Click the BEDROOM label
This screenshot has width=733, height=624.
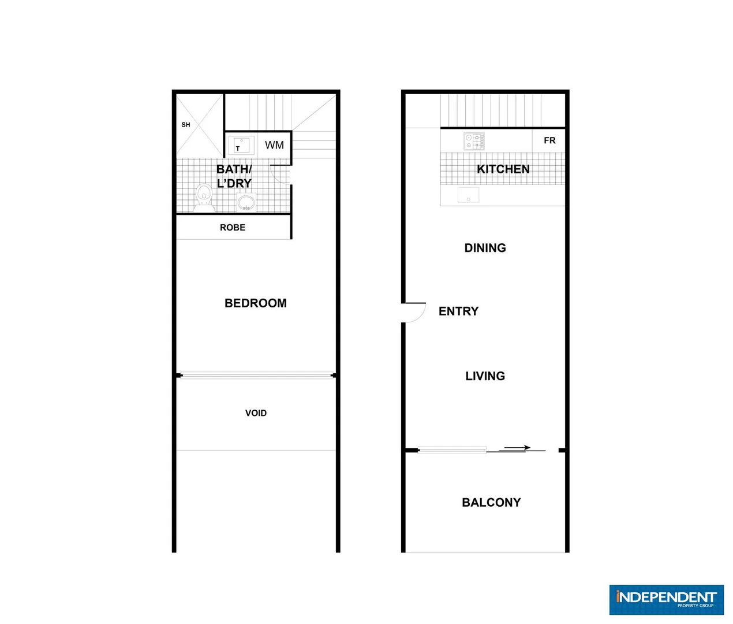tap(255, 303)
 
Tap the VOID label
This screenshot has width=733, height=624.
tap(256, 413)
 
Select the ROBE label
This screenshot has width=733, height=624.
tap(233, 228)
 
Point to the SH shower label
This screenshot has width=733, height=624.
tap(186, 125)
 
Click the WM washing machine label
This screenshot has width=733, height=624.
tap(274, 145)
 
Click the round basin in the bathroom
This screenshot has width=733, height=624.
tap(246, 202)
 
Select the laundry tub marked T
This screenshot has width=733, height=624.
tap(241, 144)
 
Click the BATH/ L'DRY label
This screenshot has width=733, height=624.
tap(234, 176)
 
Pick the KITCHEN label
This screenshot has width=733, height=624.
tap(503, 169)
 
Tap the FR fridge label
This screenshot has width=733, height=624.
tap(549, 140)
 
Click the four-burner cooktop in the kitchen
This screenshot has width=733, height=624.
tap(474, 141)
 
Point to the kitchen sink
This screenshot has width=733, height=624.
tap(468, 195)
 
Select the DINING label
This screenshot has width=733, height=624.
tap(485, 248)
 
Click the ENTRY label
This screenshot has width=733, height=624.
tap(459, 311)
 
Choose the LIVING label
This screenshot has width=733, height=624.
tap(485, 376)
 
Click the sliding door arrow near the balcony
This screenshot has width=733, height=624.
tap(518, 448)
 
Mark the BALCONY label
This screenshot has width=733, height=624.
tap(491, 503)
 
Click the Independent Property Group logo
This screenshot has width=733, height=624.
tap(667, 600)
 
